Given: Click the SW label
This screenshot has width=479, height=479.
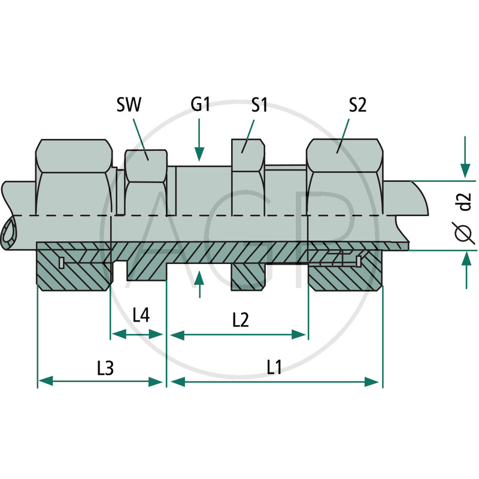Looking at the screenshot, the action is tap(129, 104).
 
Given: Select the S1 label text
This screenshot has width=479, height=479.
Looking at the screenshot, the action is tap(259, 104).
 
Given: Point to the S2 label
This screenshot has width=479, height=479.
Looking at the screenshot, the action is tap(357, 104).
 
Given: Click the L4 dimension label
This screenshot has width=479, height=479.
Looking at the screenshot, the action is tap(141, 315).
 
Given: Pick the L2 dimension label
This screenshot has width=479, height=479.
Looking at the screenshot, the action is tap(241, 320).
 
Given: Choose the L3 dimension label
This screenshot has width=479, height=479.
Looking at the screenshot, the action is tap(105, 368).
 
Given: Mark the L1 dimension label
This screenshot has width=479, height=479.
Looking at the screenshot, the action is tap(274, 367).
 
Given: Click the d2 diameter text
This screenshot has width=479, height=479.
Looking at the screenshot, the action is tap(465, 202).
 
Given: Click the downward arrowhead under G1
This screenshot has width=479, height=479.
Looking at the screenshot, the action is tap(199, 154).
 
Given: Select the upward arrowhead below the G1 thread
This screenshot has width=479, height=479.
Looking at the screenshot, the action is tap(199, 278).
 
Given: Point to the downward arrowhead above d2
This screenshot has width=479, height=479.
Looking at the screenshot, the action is tap(465, 170).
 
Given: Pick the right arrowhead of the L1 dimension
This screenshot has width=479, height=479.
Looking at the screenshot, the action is tap(372, 382).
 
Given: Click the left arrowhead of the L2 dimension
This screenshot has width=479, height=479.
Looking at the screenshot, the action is tap(178, 335).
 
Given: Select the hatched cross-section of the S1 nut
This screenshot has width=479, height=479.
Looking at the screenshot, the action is tap(248, 277).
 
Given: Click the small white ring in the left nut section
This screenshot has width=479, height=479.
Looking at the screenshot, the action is tap(62, 262).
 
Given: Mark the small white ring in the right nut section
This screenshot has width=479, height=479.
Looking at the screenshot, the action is tap(358, 260).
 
